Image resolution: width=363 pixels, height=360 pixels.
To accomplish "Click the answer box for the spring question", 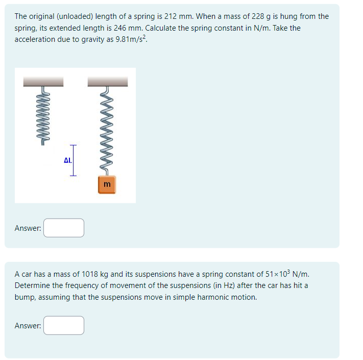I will (x=64, y=228).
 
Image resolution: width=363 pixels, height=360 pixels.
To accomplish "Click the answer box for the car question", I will (x=64, y=325).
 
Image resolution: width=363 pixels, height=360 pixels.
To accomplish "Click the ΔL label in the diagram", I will (x=67, y=160).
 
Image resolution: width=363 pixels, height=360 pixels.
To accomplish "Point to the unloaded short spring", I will (x=43, y=116).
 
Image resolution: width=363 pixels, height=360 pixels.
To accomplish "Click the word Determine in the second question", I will (x=33, y=285).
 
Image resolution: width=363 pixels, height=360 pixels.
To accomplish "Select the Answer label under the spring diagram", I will (x=28, y=228).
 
